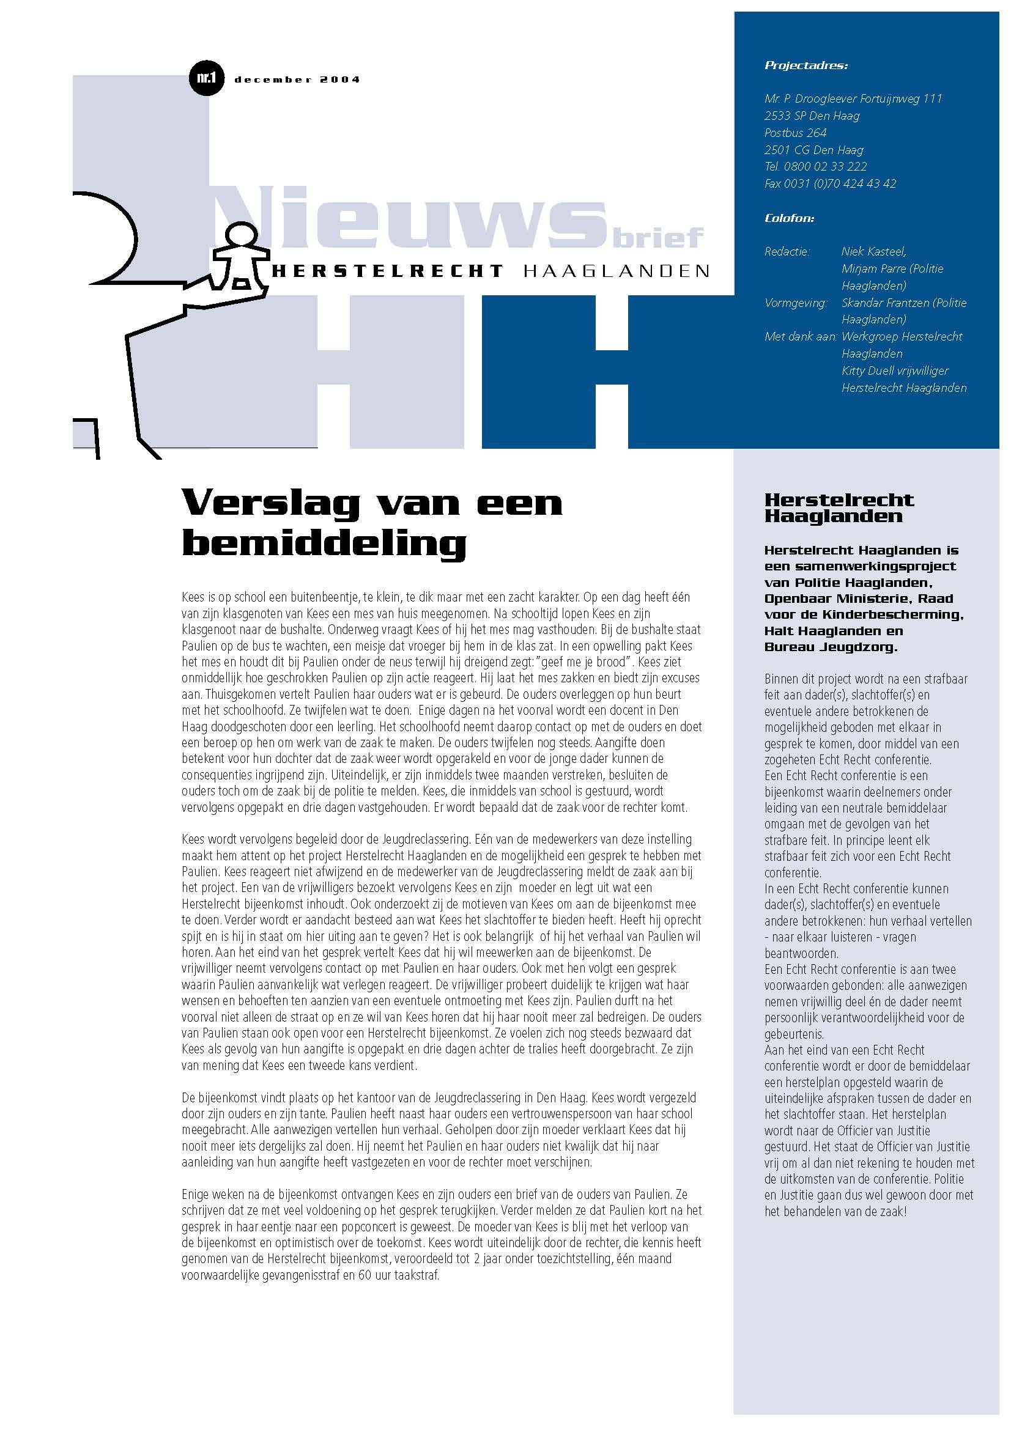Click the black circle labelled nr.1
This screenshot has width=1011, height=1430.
(x=206, y=78)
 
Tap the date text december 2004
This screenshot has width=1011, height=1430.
(x=297, y=79)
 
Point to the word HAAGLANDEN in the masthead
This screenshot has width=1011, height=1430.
(x=617, y=271)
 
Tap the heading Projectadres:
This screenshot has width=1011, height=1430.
(x=805, y=65)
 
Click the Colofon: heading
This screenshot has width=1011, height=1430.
(x=789, y=218)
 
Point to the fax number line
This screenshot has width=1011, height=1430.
(x=830, y=184)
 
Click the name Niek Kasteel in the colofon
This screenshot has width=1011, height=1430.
(x=873, y=252)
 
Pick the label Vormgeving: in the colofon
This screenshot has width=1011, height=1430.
(x=796, y=303)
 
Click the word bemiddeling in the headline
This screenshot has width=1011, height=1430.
(x=324, y=544)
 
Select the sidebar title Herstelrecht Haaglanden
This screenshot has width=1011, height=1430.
(x=839, y=507)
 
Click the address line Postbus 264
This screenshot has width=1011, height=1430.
(x=795, y=133)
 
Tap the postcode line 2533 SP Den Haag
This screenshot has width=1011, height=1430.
(x=812, y=116)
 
